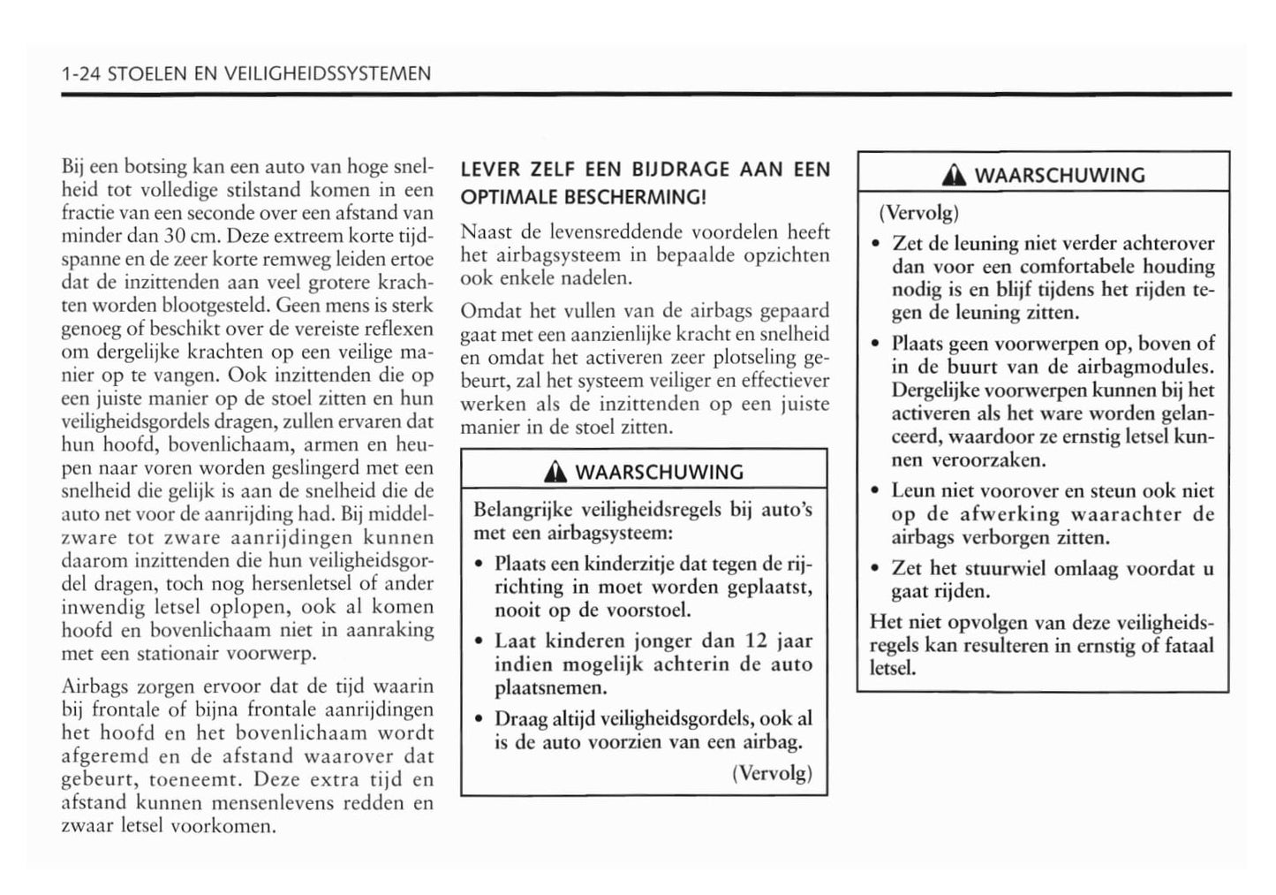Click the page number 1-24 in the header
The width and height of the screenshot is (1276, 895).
[x=80, y=74]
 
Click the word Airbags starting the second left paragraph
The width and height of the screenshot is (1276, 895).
[x=94, y=686]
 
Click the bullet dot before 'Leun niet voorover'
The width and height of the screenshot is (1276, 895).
[x=874, y=492]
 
